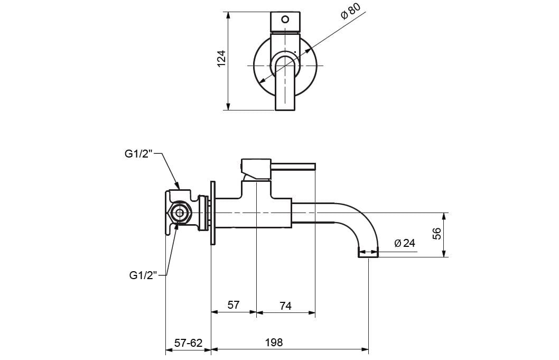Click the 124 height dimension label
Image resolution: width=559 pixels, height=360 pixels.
point(221,58)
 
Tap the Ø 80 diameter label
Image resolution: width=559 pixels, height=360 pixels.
point(350,12)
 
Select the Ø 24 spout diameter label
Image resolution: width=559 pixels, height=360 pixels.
point(405,243)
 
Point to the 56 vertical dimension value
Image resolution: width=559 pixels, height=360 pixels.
point(437,234)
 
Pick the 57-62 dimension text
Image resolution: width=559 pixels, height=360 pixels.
point(188,343)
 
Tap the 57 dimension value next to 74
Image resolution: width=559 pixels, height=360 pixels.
point(234,306)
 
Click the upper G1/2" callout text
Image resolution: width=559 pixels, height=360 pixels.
point(138,154)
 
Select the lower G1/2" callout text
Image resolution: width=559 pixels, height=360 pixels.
point(143,275)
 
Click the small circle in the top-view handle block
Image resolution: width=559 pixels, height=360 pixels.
point(285,20)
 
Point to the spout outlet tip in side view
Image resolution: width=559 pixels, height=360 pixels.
point(369,253)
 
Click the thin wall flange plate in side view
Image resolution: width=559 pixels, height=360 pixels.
point(213,213)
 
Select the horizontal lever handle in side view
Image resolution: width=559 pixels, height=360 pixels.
point(293,167)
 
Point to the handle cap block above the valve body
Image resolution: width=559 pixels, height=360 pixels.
point(256,168)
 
